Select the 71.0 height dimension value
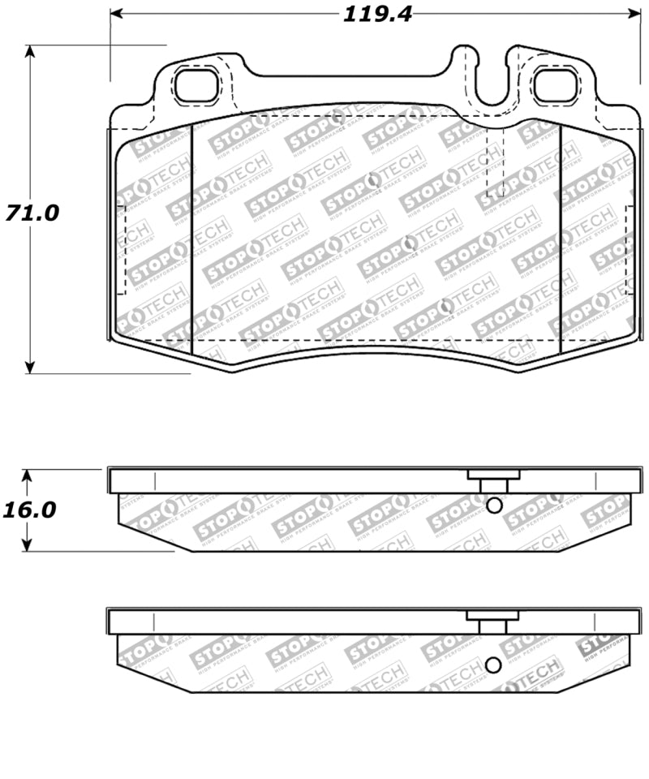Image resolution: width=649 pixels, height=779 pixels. [x=32, y=213]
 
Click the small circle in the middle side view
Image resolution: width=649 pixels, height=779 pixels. [x=493, y=506]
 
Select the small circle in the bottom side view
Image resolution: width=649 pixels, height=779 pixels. [x=492, y=665]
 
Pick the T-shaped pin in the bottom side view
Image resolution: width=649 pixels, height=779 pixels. [x=492, y=622]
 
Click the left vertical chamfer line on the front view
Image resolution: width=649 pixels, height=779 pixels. [x=190, y=239]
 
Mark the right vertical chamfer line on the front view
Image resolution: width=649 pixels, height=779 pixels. [x=561, y=239]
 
